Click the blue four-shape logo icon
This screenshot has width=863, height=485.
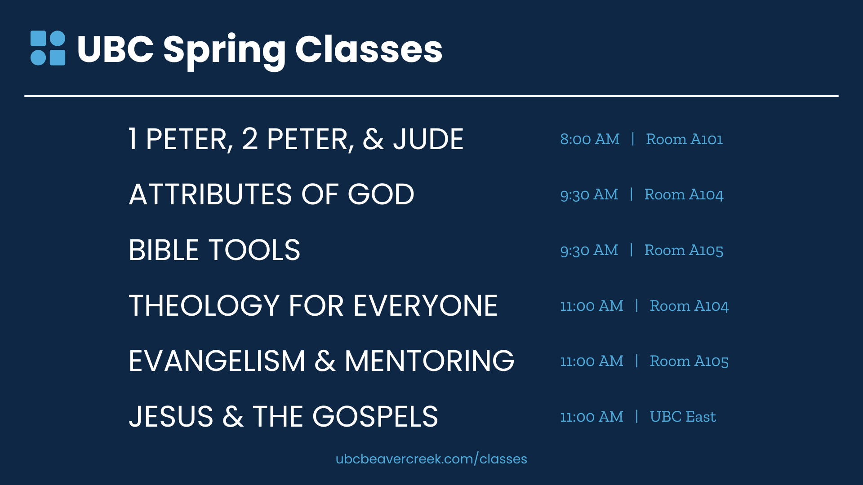48,48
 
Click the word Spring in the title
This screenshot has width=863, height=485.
224,50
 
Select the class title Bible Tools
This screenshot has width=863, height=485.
214,250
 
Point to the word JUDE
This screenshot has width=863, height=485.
428,139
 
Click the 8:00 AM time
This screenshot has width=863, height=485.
590,139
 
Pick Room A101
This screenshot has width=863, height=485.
684,139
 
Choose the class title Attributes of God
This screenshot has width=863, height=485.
271,194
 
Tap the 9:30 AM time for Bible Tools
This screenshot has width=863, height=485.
589,250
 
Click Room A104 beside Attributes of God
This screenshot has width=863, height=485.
684,194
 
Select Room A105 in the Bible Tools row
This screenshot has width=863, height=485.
684,250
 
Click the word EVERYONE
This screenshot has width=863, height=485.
425,306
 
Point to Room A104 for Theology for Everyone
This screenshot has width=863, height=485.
689,306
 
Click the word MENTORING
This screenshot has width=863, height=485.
429,361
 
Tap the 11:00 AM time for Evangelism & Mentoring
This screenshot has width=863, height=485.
592,361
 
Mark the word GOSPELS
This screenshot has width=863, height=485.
375,417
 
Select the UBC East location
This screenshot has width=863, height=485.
683,417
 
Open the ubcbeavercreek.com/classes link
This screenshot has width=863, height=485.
431,459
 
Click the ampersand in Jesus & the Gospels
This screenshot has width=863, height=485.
233,417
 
